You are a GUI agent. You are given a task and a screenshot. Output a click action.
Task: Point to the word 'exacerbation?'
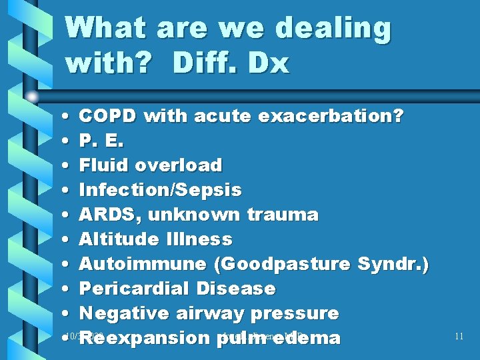(331, 116)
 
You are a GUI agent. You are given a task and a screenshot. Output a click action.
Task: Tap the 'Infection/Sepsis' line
(160, 190)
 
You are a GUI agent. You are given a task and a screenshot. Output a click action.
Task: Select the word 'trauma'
(283, 215)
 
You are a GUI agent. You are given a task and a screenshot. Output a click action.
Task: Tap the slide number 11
(458, 336)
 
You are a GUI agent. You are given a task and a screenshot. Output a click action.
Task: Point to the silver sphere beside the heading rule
(31, 97)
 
